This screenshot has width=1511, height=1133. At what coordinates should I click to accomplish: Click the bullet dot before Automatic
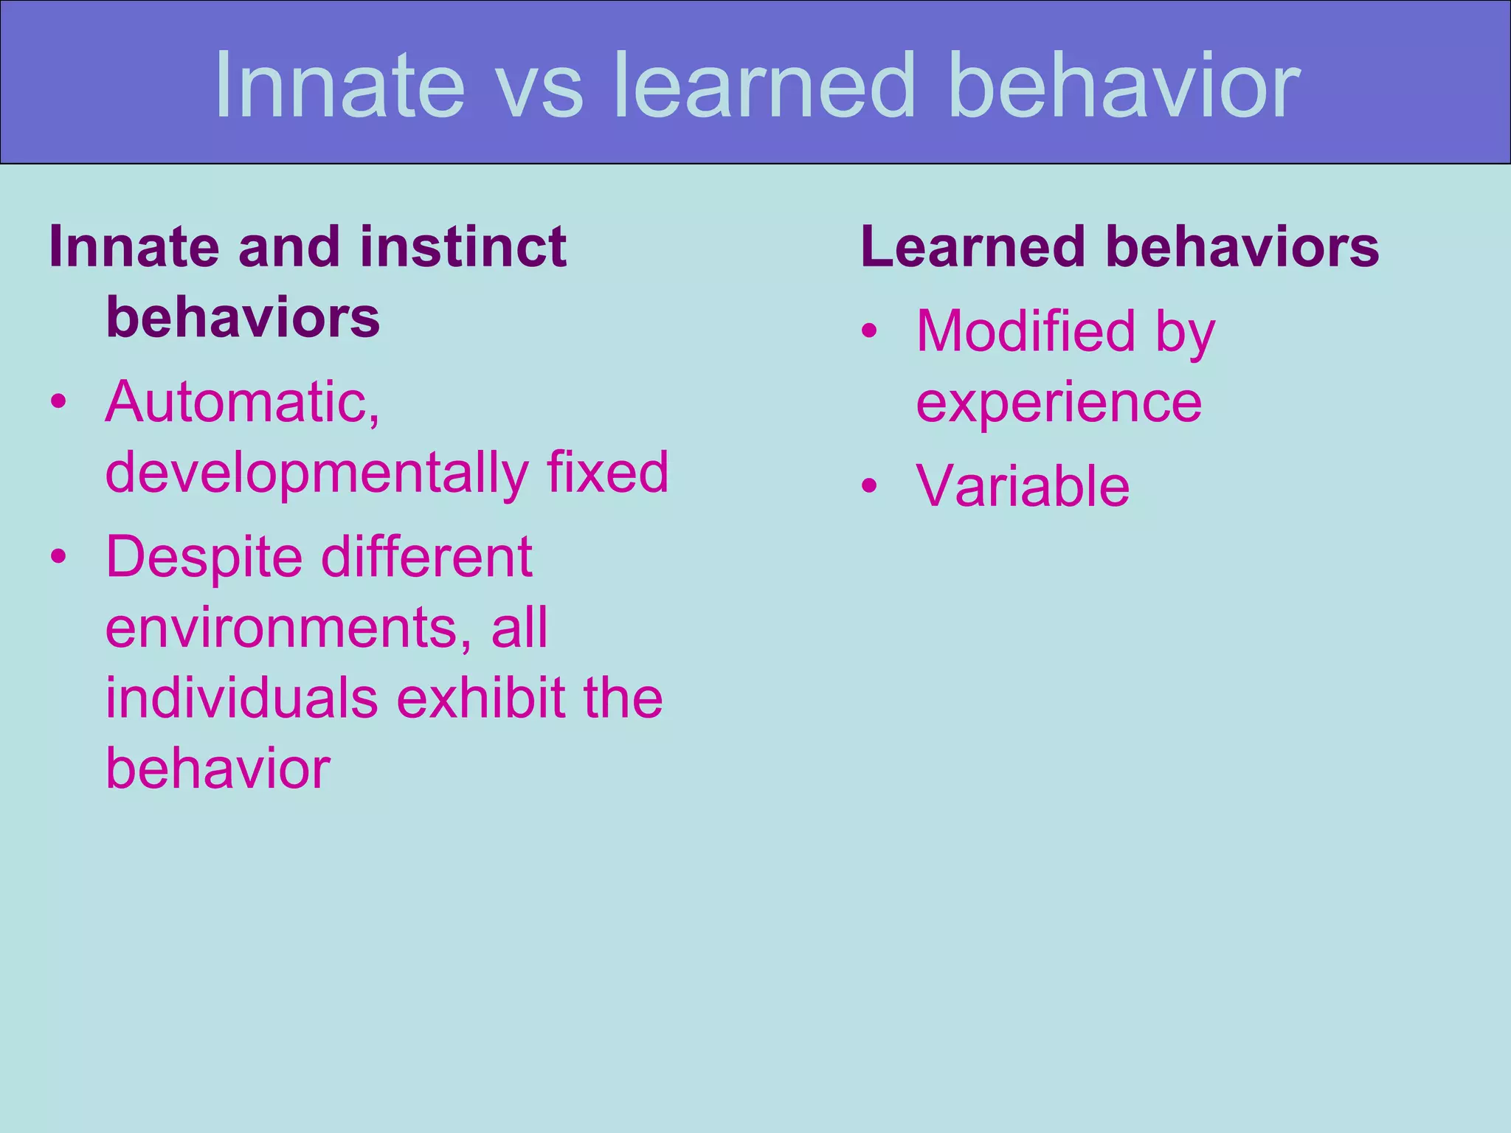click(x=59, y=403)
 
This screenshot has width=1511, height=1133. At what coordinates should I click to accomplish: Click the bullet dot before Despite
click(x=59, y=557)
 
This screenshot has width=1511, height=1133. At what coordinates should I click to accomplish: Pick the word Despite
click(x=204, y=558)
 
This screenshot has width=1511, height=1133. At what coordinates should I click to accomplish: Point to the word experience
click(x=1059, y=403)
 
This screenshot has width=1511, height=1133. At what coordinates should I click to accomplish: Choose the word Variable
click(x=1023, y=486)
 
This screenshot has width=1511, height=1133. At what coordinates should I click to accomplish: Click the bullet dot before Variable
click(x=870, y=486)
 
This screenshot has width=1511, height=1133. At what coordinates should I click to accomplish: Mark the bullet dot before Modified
click(x=870, y=331)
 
